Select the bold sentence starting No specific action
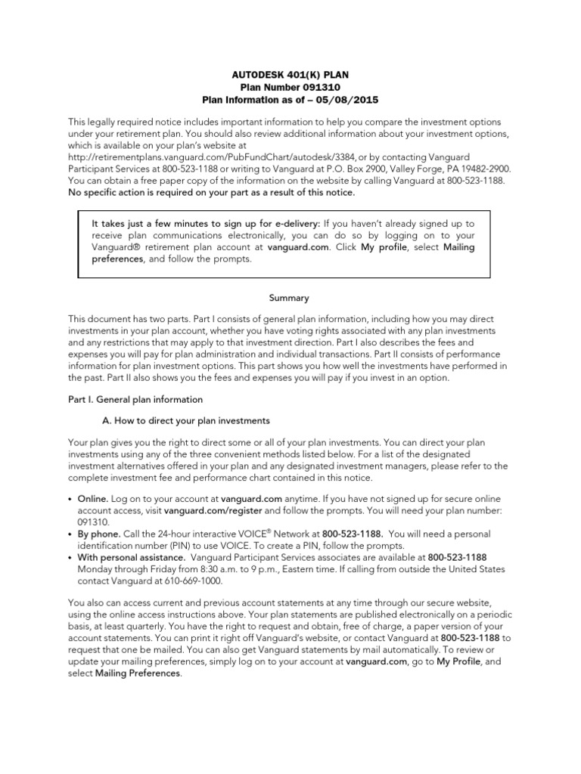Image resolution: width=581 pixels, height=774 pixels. point(212,193)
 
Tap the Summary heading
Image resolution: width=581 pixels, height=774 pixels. point(290,298)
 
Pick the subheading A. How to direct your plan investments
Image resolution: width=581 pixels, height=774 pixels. point(185,420)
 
